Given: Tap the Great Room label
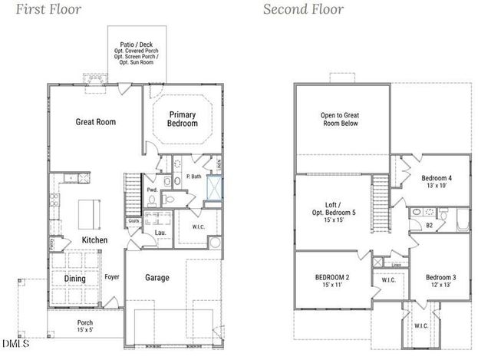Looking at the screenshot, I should coord(95,121).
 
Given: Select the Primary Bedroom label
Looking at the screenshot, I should coord(183,119).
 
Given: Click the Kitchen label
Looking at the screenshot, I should coord(95,240).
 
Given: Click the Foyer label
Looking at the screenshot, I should coord(112,277).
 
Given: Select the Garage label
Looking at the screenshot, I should coord(157,278).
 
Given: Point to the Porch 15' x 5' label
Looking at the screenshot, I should coord(85,326).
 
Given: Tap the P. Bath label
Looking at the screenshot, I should coord(193,177).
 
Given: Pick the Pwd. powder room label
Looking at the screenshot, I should coord(152,190).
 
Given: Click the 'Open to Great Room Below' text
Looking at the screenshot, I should coord(338,119).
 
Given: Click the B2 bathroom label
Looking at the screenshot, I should coord(430,226).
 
